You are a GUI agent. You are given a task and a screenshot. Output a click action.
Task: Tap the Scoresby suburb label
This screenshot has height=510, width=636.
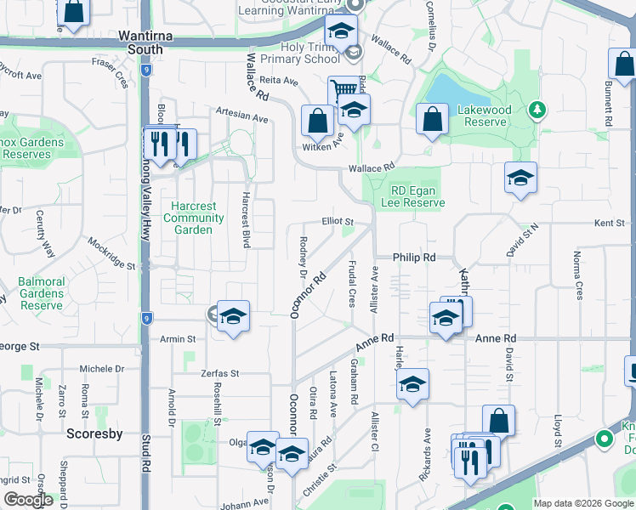(94, 433)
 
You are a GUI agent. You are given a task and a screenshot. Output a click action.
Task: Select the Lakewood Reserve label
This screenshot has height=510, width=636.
(485, 116)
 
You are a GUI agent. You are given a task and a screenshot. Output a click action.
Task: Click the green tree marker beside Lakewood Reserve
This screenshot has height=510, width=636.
(537, 109)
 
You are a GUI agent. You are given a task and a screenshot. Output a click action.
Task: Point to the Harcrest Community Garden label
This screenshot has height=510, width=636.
(193, 218)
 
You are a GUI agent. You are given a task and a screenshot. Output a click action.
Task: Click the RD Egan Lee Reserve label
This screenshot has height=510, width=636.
(417, 197)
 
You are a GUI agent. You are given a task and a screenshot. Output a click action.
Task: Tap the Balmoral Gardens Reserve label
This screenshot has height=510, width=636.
(42, 293)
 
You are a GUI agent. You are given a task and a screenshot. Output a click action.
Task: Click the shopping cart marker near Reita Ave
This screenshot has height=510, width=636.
(344, 89)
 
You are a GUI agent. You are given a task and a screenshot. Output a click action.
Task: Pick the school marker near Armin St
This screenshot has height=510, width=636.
(233, 316)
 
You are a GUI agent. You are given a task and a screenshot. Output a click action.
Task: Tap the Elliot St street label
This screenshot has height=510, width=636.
(337, 220)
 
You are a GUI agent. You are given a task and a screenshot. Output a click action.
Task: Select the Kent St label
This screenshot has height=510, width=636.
(609, 223)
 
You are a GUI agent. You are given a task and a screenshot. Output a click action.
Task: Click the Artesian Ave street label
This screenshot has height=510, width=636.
(241, 116)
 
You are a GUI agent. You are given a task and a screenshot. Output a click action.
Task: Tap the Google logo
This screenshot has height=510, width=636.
(28, 500)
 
